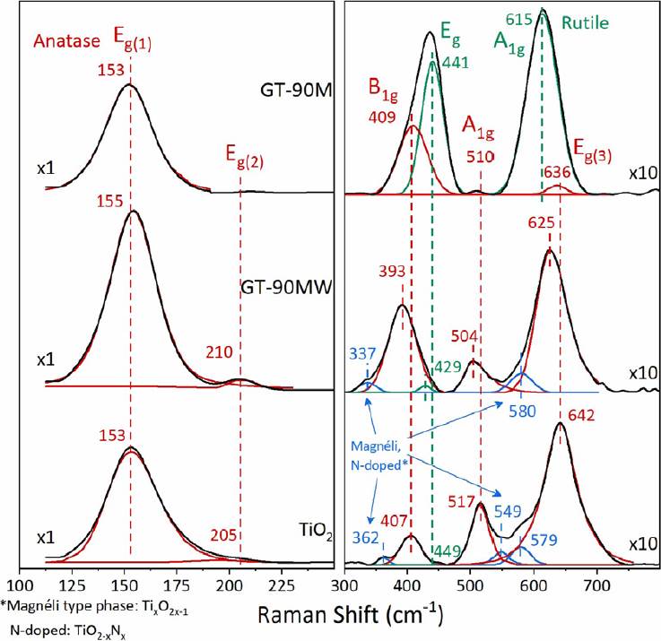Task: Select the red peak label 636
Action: tap(555, 171)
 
